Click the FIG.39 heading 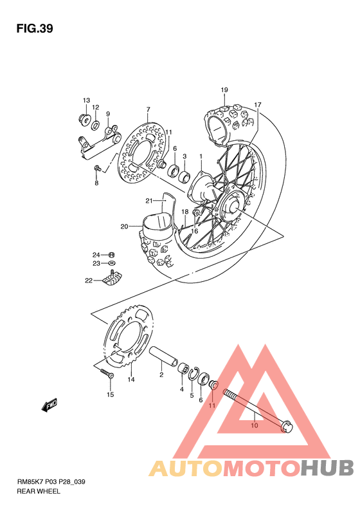(x=35, y=29)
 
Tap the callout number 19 (x=224, y=89)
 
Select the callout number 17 (x=258, y=104)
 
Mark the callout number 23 (x=94, y=263)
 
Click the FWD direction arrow (x=50, y=405)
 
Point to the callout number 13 (x=86, y=100)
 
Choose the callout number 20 (x=124, y=227)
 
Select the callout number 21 (x=148, y=200)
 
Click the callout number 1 (x=201, y=156)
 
